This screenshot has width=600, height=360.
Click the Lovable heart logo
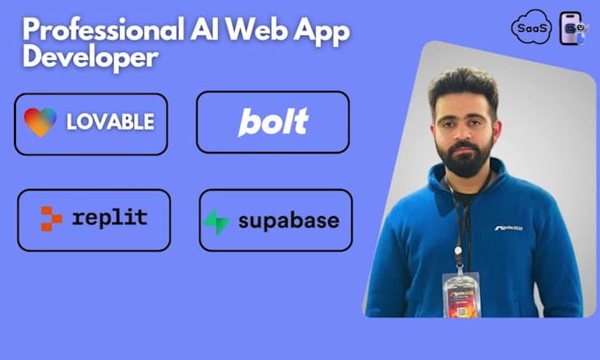[41, 123]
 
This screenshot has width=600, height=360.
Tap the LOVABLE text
[110, 123]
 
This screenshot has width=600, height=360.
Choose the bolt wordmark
[273, 122]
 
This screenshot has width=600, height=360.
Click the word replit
[110, 218]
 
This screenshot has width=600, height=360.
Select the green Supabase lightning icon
[216, 221]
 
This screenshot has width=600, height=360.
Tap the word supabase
[288, 221]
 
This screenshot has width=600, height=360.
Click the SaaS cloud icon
[531, 28]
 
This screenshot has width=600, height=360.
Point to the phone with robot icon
[572, 28]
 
